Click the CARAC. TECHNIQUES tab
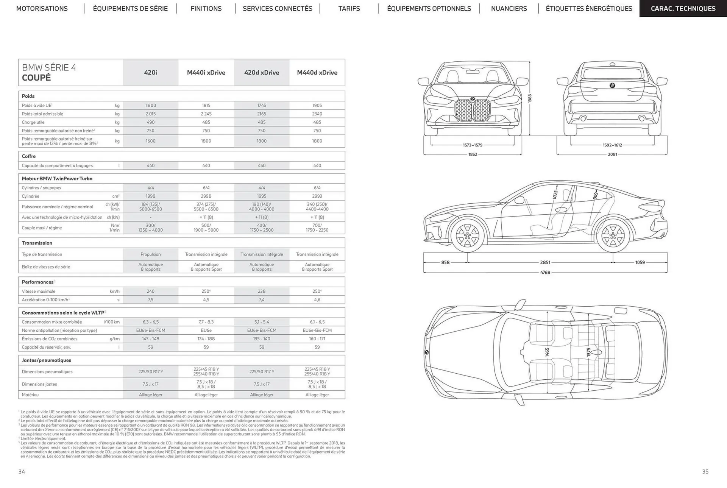coord(683,8)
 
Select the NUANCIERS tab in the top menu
coord(509,8)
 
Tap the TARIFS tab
coord(349,8)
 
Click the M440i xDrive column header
coord(206,72)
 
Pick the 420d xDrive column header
coord(262,72)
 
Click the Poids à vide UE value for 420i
coord(150,105)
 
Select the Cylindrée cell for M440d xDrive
coord(317,196)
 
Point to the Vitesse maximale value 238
coord(262,291)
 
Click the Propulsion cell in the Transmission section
coord(150,254)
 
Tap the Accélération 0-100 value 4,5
coord(206,299)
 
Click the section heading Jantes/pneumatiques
coord(47,360)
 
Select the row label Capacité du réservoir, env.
coord(46,347)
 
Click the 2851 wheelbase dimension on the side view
coord(545,262)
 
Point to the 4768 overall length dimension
coord(545,272)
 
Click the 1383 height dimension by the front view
coord(530,98)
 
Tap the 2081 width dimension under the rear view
coord(612,154)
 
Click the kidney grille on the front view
coord(472,110)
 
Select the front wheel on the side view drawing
coord(467,235)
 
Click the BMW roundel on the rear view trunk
coord(612,86)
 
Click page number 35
coord(705,471)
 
